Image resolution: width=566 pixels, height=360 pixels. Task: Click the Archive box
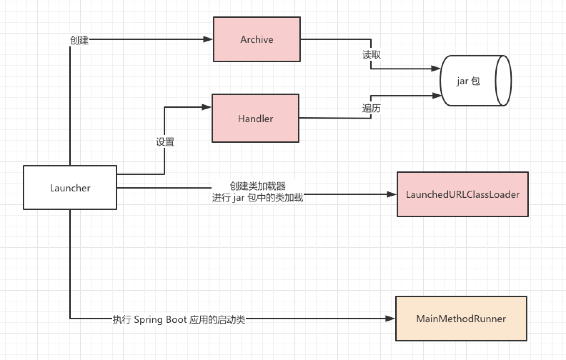pyautogui.click(x=257, y=39)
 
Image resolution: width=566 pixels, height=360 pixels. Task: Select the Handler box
pyautogui.click(x=255, y=118)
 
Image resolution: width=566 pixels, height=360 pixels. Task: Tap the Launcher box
pyautogui.click(x=70, y=187)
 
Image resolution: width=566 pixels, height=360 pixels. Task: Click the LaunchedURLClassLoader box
pyautogui.click(x=462, y=194)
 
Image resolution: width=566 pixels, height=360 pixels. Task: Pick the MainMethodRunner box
pyautogui.click(x=461, y=319)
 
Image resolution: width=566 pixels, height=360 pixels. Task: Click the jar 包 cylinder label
pyautogui.click(x=468, y=81)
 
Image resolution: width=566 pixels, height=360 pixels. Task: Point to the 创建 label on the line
pyautogui.click(x=79, y=40)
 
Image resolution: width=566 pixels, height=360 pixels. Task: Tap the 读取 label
pyautogui.click(x=371, y=55)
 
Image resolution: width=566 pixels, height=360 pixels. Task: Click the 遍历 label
pyautogui.click(x=371, y=108)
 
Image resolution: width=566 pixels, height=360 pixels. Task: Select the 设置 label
pyautogui.click(x=165, y=142)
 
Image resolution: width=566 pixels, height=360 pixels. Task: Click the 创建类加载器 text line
pyautogui.click(x=257, y=186)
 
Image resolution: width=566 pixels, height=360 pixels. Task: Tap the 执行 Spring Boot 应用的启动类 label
pyautogui.click(x=179, y=319)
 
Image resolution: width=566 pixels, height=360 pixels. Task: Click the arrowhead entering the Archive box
pyautogui.click(x=208, y=39)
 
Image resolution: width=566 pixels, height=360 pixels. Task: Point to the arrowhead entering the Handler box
pyautogui.click(x=207, y=107)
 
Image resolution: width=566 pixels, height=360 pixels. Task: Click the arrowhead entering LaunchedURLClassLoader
pyautogui.click(x=392, y=194)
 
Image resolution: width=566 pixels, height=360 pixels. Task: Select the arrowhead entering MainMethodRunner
pyautogui.click(x=390, y=319)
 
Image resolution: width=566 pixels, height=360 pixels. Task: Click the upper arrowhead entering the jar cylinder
pyautogui.click(x=436, y=68)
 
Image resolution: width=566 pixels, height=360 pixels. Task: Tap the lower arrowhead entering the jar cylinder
pyautogui.click(x=437, y=95)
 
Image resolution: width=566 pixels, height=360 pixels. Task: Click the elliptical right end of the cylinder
pyautogui.click(x=503, y=81)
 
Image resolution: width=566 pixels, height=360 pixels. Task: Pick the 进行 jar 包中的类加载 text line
pyautogui.click(x=257, y=197)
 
